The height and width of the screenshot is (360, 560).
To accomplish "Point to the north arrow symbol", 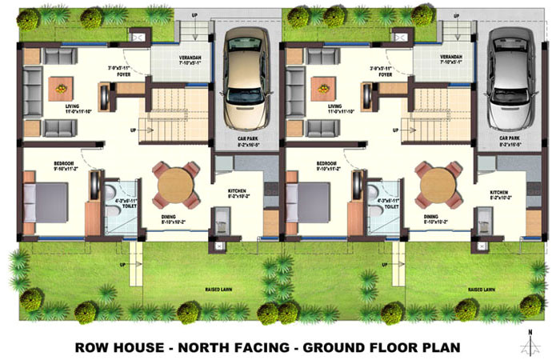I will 529,342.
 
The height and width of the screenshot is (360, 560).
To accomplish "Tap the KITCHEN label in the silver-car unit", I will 500,193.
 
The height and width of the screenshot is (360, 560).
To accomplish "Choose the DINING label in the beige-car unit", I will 168,217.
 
